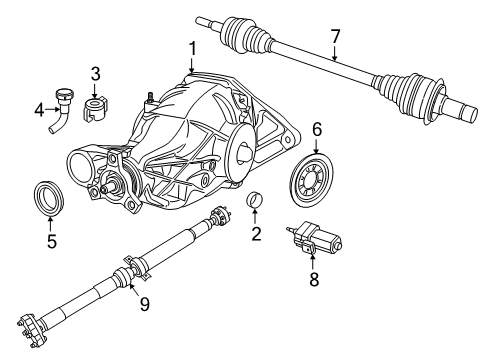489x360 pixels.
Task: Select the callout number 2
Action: point(256,235)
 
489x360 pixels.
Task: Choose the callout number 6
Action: point(317,128)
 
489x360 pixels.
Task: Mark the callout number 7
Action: point(335,37)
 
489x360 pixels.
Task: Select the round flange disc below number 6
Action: point(316,183)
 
